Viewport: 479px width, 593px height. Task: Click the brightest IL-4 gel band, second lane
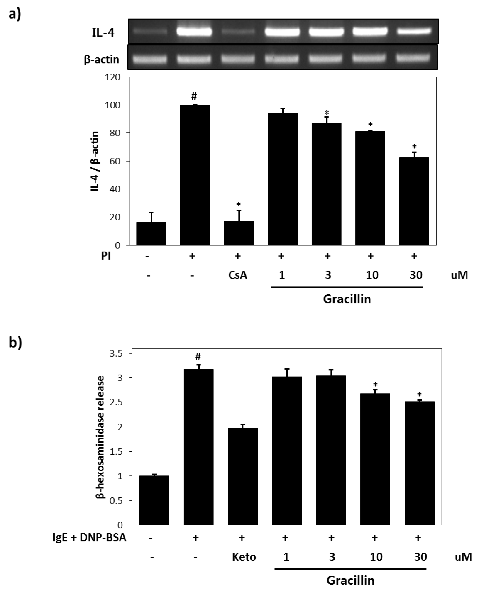click(194, 32)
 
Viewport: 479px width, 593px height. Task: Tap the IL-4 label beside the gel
click(103, 33)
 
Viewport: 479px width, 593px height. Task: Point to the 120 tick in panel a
click(112, 77)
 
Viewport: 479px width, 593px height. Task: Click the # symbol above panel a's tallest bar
click(194, 96)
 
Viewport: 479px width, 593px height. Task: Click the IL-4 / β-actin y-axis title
click(95, 162)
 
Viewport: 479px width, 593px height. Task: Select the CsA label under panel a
click(238, 275)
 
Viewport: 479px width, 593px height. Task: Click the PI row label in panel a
click(106, 256)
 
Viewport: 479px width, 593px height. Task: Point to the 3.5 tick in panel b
click(116, 353)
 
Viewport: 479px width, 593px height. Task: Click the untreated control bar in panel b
click(154, 500)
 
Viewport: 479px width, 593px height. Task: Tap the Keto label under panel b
click(244, 557)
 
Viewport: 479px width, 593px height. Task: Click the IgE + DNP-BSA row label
click(89, 538)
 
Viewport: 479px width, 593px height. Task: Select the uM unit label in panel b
click(463, 557)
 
